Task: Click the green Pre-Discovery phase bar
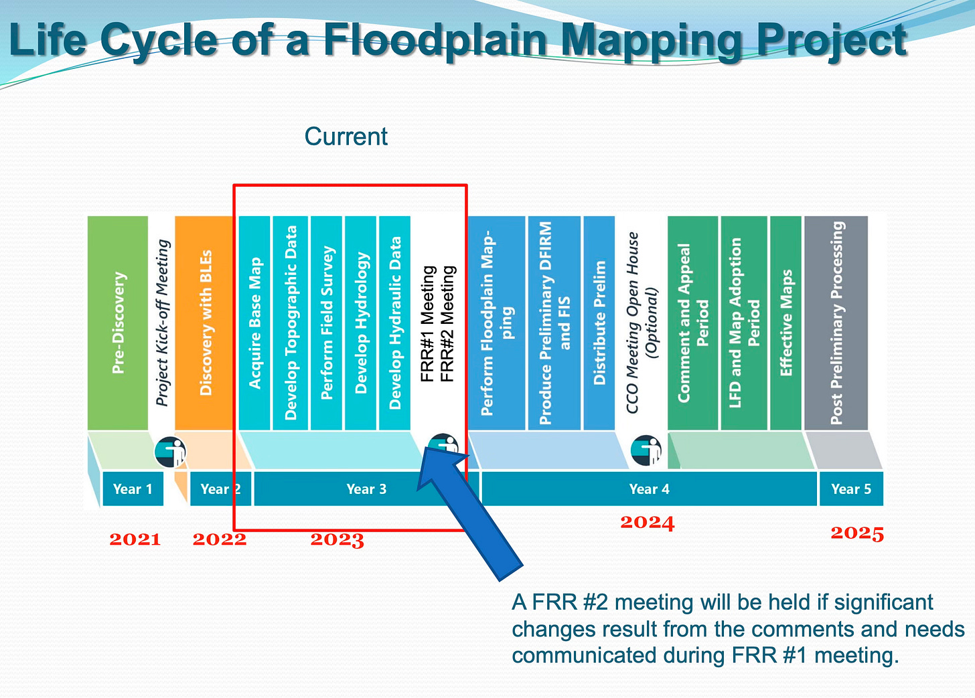pyautogui.click(x=118, y=323)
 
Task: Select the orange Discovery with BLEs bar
pyautogui.click(x=204, y=323)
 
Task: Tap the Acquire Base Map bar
pyautogui.click(x=254, y=323)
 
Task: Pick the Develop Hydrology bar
pyautogui.click(x=360, y=323)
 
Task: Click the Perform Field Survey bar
pyautogui.click(x=327, y=323)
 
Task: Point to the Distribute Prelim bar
pyautogui.click(x=599, y=323)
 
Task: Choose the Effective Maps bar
pyautogui.click(x=785, y=323)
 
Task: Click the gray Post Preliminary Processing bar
pyautogui.click(x=836, y=323)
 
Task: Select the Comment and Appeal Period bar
pyautogui.click(x=692, y=323)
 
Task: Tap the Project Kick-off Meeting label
pyautogui.click(x=162, y=323)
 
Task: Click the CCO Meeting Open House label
pyautogui.click(x=641, y=323)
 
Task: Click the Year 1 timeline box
pyautogui.click(x=133, y=489)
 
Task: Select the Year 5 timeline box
pyautogui.click(x=850, y=489)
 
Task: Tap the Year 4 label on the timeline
pyautogui.click(x=648, y=489)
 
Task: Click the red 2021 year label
pyautogui.click(x=135, y=539)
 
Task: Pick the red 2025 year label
pyautogui.click(x=857, y=533)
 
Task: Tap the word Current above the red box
pyautogui.click(x=346, y=137)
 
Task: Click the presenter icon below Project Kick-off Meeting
pyautogui.click(x=170, y=452)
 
